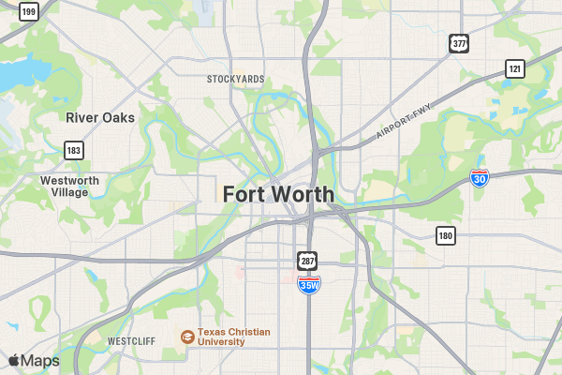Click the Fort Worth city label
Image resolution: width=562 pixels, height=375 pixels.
tap(278, 194)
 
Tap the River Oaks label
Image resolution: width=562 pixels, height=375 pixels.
tap(100, 118)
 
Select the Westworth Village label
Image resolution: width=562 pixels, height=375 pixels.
tap(71, 186)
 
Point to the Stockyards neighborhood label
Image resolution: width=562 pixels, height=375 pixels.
tap(235, 79)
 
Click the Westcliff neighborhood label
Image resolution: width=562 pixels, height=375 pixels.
tap(131, 340)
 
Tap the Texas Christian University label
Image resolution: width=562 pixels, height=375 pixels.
tap(233, 337)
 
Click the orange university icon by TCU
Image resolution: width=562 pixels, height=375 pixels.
tap(187, 337)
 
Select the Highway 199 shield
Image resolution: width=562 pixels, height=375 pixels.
tap(29, 12)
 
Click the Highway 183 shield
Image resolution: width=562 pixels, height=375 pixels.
tap(74, 150)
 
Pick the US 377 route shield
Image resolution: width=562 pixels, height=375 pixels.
tap(458, 43)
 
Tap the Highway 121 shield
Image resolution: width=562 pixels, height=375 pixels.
tap(515, 68)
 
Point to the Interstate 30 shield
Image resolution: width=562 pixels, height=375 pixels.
tap(480, 178)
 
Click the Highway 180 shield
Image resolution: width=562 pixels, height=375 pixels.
tap(446, 234)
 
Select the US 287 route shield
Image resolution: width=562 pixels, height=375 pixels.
tap(308, 260)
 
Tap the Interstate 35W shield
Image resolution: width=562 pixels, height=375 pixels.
tap(308, 284)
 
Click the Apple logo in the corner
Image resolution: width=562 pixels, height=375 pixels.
tap(14, 361)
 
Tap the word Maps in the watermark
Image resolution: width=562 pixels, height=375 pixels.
tap(40, 361)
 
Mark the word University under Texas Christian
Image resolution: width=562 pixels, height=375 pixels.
tap(221, 342)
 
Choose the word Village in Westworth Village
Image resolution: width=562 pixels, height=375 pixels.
tap(71, 192)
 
